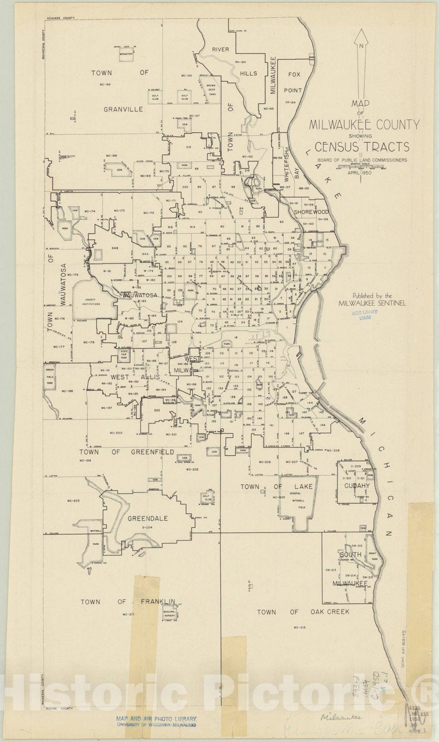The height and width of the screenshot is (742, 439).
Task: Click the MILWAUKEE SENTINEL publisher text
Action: click(372, 303)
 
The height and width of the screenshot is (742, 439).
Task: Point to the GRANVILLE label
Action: click(123, 109)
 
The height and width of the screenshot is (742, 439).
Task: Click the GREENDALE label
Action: click(147, 518)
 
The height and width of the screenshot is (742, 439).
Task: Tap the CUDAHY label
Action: click(356, 486)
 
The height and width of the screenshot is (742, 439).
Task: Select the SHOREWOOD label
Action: click(310, 211)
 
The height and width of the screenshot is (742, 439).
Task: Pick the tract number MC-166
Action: click(105, 84)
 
